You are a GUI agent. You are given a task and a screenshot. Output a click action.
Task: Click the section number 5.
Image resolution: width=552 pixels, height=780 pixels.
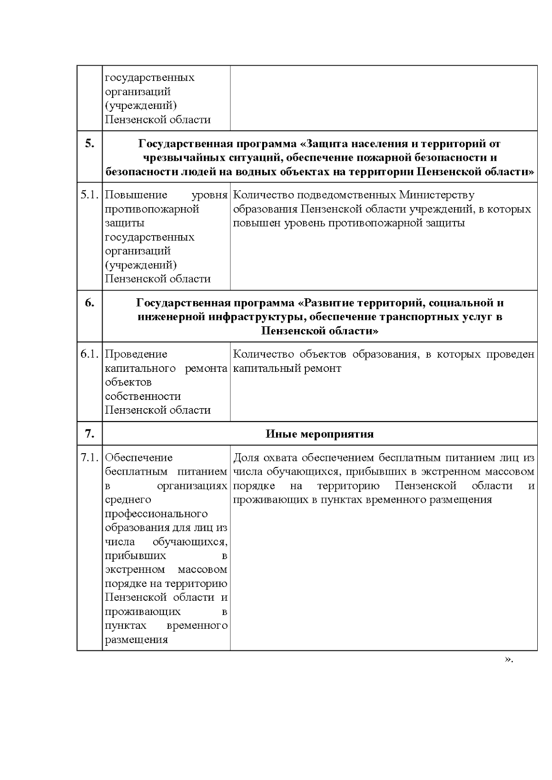click(90, 144)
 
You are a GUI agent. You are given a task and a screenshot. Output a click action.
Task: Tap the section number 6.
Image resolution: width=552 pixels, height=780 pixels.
click(90, 303)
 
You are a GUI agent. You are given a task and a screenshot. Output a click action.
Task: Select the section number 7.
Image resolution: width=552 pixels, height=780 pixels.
click(90, 434)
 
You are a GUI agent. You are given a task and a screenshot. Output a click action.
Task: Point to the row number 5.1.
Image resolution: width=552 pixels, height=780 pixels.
click(90, 195)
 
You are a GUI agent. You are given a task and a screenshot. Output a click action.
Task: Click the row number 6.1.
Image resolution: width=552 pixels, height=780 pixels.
click(90, 354)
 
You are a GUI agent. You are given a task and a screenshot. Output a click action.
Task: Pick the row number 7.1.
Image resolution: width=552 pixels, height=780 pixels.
click(90, 458)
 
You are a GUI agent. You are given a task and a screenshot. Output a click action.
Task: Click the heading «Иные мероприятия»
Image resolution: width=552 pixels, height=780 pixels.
click(319, 434)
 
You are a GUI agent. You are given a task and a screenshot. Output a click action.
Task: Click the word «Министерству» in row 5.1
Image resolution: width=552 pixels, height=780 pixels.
click(437, 195)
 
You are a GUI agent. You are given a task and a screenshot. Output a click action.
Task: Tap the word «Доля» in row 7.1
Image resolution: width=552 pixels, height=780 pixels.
click(246, 458)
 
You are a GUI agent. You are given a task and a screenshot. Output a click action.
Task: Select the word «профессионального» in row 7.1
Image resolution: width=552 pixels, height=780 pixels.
click(156, 514)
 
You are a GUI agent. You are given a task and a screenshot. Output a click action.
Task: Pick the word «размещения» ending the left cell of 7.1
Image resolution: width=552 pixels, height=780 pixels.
click(136, 640)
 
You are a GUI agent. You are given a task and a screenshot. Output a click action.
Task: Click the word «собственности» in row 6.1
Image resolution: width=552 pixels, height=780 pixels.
click(143, 396)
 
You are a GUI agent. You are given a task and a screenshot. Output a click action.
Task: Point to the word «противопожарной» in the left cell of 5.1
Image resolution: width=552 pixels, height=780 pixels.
click(152, 209)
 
